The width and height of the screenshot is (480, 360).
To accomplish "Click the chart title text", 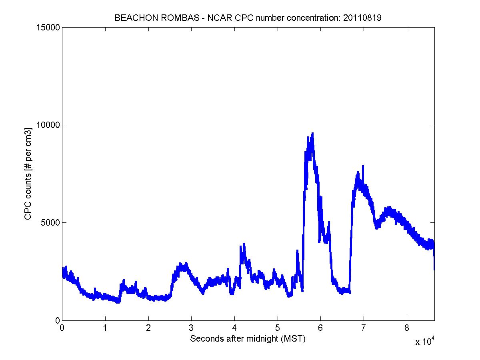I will click(248, 18).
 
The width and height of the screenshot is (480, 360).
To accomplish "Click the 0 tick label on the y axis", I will click(57, 320).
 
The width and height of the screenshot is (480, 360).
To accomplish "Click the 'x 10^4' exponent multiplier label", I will click(425, 341).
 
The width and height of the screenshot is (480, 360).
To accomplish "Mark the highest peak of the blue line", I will click(312, 134).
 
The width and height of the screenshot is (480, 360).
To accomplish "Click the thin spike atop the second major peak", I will click(363, 166).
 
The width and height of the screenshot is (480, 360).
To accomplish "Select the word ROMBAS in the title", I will click(167, 18).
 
